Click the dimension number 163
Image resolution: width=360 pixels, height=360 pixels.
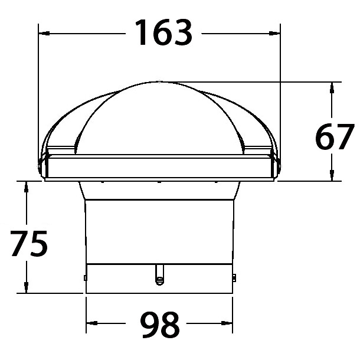coord(163,32)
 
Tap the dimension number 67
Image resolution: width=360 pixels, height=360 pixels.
coord(335,136)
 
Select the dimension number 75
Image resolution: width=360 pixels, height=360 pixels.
coord(29,243)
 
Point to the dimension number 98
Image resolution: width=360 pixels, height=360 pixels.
coord(160,325)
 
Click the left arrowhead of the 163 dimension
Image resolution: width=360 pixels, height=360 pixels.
coord(44,34)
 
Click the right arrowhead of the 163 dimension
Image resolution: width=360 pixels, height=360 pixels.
coord(274,34)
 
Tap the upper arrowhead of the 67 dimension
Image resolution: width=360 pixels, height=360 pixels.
coord(332,87)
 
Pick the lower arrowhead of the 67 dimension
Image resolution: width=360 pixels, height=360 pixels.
coord(332,175)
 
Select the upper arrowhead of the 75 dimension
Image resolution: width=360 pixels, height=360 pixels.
coord(26,186)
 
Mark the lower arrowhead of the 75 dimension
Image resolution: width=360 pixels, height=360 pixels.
coord(26,287)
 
